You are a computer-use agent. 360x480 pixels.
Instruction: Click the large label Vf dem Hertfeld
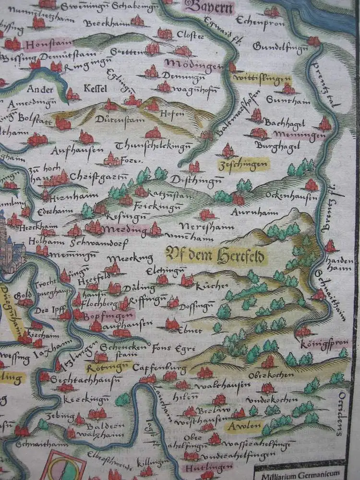216,255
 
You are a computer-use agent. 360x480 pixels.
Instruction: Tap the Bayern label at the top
209,7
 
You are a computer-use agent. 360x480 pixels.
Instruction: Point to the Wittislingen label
262,78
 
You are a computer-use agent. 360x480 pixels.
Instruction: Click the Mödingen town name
194,64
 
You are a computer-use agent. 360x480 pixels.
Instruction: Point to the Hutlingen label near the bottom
202,465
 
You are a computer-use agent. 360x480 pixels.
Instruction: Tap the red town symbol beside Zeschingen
228,151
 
